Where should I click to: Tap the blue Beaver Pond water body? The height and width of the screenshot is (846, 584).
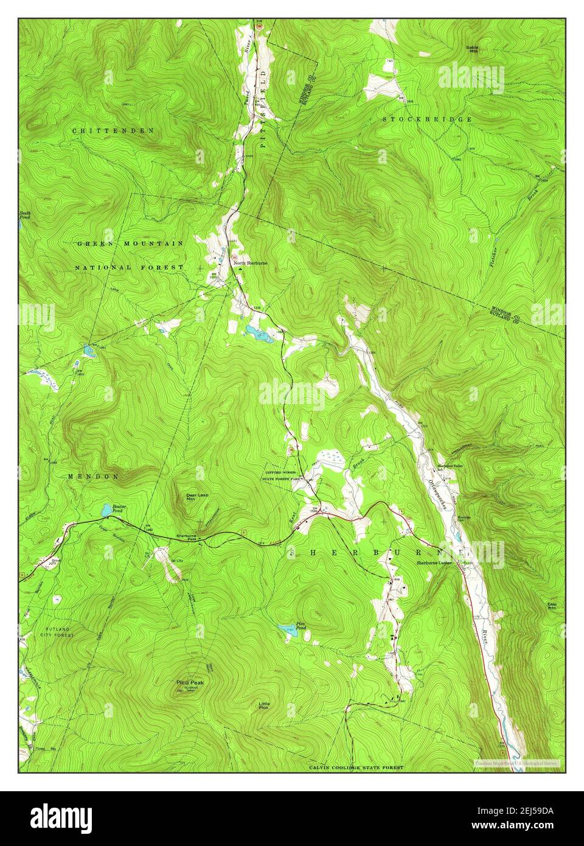(x=106, y=508)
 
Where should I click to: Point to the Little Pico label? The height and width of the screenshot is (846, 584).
(x=263, y=706)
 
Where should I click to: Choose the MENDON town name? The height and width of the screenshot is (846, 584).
(x=102, y=477)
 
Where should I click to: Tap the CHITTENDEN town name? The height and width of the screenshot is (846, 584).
(x=113, y=131)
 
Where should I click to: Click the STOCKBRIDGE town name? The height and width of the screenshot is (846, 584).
(x=427, y=119)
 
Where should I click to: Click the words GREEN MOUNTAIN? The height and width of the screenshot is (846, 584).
(x=130, y=243)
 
